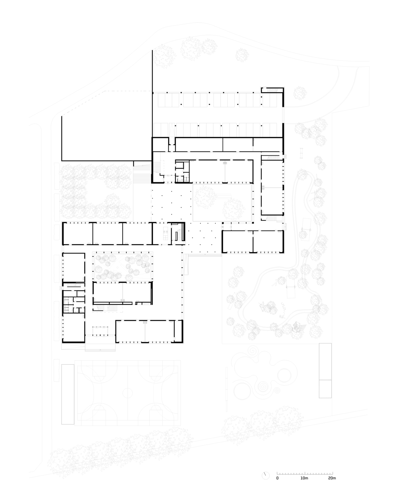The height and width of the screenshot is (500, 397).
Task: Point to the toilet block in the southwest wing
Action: coord(73,305)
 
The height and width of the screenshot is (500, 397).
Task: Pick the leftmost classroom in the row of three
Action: coord(78,233)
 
